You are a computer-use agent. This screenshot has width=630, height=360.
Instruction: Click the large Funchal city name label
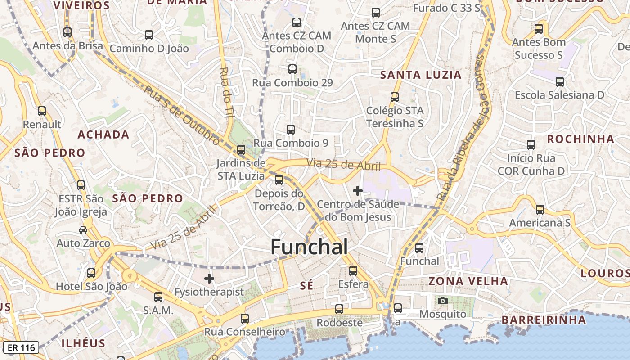(309, 247)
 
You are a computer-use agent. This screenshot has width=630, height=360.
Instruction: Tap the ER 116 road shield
(21, 347)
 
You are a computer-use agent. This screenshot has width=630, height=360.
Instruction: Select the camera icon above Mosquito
(443, 301)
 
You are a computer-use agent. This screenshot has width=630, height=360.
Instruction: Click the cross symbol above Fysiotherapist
(209, 279)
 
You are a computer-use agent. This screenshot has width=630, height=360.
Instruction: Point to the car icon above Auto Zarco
(83, 230)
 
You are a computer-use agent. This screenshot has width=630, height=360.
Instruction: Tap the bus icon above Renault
(42, 111)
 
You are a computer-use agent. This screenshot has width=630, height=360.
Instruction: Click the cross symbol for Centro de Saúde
(358, 191)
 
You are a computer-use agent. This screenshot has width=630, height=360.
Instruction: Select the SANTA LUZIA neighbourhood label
(421, 75)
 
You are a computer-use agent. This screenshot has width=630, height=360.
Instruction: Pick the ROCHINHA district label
(580, 139)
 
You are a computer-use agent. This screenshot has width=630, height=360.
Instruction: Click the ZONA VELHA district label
(468, 281)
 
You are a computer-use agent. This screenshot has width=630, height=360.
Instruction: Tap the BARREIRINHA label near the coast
(544, 320)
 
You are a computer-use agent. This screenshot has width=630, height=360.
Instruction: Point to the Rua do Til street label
(226, 92)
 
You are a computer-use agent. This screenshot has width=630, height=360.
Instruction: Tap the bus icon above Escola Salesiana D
(560, 82)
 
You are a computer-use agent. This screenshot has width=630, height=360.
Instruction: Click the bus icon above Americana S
(540, 209)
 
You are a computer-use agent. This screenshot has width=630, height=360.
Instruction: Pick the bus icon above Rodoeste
(339, 309)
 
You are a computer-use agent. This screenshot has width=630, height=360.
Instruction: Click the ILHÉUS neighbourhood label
(83, 343)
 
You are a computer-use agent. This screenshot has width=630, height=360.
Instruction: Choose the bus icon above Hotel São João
(91, 273)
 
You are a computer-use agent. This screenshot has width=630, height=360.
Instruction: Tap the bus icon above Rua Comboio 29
(292, 69)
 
